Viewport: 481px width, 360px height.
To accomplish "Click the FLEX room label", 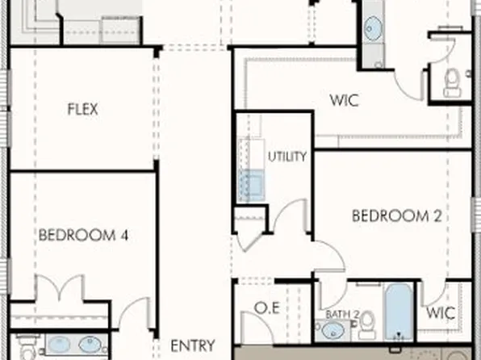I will click(x=82, y=109).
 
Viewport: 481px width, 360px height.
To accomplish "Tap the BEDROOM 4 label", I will click(x=84, y=236).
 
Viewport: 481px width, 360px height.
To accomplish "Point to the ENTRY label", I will click(x=192, y=345).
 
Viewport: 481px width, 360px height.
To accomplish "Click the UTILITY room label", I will click(x=287, y=157).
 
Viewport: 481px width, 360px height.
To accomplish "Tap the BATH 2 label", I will click(x=341, y=313).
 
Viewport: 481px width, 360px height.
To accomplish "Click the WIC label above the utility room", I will click(x=344, y=102).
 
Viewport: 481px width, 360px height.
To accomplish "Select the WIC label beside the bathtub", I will click(x=441, y=312).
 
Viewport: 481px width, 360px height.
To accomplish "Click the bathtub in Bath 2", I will click(x=398, y=312).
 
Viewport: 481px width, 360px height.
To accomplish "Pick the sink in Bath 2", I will click(x=332, y=329).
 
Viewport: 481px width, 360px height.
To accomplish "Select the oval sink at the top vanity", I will click(x=374, y=31).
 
